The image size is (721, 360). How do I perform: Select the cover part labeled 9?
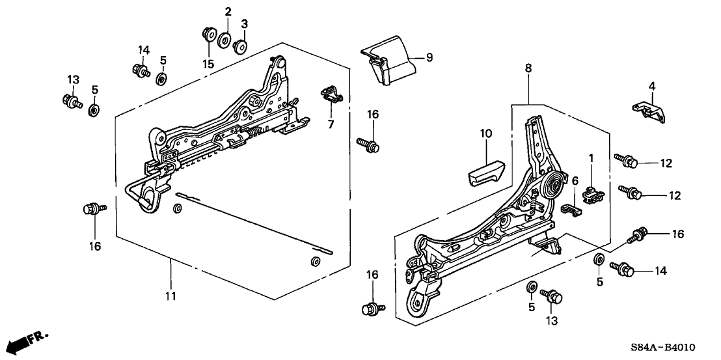coord(386,63)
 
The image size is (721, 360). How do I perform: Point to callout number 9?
coord(429,57)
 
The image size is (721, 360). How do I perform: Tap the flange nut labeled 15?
coord(208,32)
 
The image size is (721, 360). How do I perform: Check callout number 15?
coord(208,63)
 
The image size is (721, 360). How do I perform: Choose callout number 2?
coord(228,12)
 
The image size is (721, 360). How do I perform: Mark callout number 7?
coord(331,124)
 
